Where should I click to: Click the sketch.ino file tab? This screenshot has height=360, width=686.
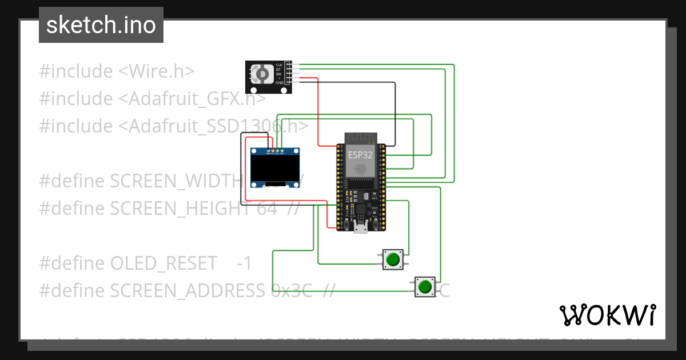pos(101,25)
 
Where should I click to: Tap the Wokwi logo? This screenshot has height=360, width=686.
pos(607,315)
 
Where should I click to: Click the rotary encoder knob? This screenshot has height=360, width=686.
pos(262,74)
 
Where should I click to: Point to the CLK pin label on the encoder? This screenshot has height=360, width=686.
pos(279,65)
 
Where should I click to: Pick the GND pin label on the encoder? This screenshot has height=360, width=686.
pos(279,83)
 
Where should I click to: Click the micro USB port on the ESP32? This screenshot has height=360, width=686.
pos(361,229)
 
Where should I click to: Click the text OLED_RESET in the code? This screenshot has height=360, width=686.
pos(163,263)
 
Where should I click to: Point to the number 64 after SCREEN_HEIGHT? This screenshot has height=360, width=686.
pos(267,209)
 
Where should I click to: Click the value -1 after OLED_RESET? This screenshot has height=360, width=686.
pos(244,263)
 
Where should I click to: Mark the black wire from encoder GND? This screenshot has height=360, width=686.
pos(394,114)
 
